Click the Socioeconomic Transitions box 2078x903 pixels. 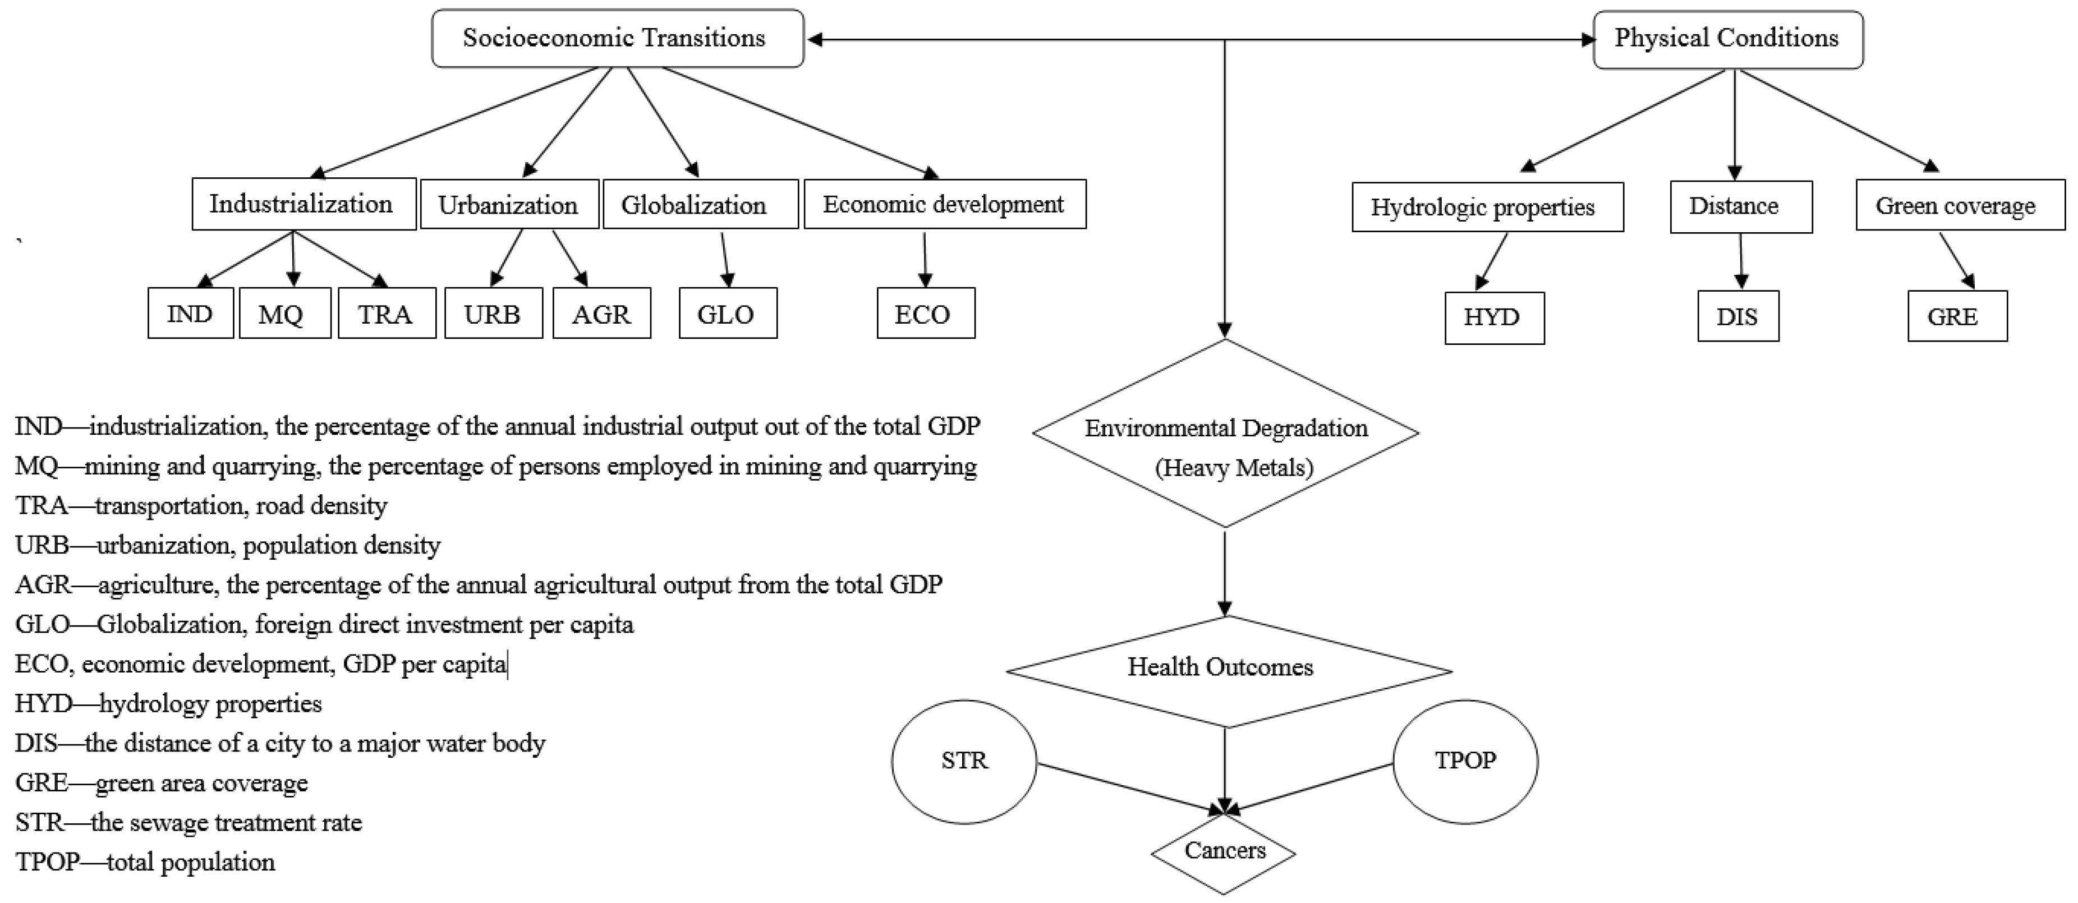[x=617, y=39]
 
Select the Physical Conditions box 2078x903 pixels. [x=1728, y=39]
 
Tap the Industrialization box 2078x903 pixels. [x=304, y=204]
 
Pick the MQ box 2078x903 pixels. [x=284, y=314]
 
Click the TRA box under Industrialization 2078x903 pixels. [x=387, y=314]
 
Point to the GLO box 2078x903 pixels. [x=727, y=314]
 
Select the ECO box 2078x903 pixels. [x=925, y=314]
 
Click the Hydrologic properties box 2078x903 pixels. [x=1487, y=207]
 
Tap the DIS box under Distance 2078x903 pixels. [x=1737, y=317]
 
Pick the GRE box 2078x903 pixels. [x=1956, y=317]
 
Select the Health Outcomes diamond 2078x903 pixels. [x=1225, y=669]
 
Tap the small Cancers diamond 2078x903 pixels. [x=1224, y=852]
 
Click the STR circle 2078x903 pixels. [x=964, y=761]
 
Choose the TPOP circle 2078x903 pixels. [x=1465, y=761]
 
